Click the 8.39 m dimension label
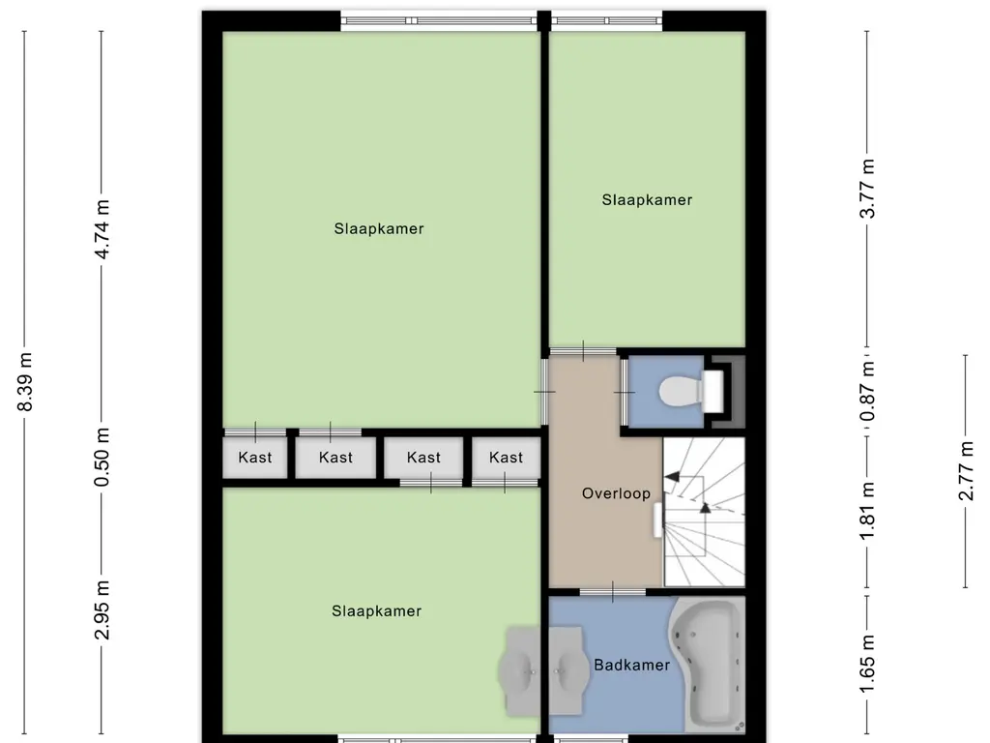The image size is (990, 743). tap(27, 381)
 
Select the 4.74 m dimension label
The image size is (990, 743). tap(102, 228)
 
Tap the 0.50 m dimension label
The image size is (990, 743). tap(102, 458)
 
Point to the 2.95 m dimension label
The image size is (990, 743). tap(102, 609)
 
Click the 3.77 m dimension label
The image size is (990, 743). tap(867, 188)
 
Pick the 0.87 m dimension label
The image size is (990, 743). tap(867, 381)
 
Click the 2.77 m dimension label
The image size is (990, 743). tap(965, 471)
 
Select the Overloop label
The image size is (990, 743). tap(616, 493)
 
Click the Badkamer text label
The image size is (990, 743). tap(632, 665)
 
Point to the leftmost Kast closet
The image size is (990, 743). tap(255, 458)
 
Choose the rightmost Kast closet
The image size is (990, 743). tap(506, 458)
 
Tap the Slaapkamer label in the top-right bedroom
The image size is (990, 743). tap(647, 200)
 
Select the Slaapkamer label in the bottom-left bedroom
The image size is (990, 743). tap(376, 611)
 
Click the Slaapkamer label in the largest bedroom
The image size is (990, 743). tap(379, 229)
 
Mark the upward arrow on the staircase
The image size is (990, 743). tap(705, 506)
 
